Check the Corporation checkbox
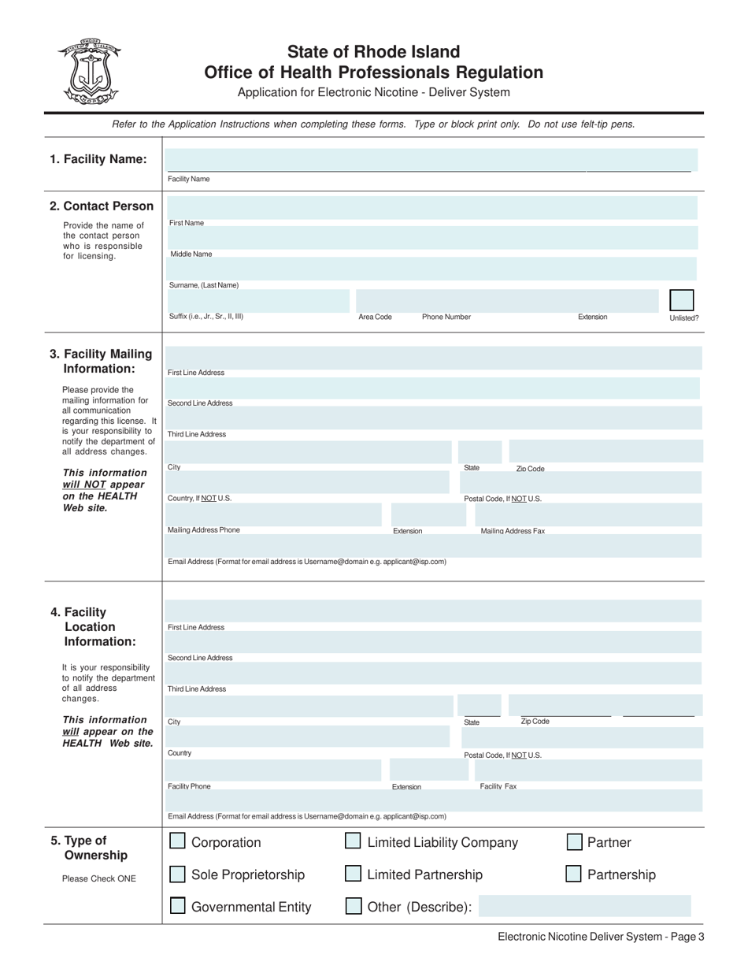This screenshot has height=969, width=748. [178, 842]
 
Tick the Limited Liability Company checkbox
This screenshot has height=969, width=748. [354, 842]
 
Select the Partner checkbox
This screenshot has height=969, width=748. [575, 842]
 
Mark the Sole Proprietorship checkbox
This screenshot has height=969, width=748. [178, 874]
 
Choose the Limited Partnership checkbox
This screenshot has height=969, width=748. [354, 874]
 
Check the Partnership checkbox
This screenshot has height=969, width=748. [575, 874]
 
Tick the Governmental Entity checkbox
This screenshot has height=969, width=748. [178, 907]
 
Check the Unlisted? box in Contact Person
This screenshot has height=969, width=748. [681, 301]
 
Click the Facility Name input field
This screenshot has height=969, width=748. [429, 160]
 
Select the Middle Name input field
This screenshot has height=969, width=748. [431, 238]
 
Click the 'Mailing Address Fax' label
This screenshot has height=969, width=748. [513, 531]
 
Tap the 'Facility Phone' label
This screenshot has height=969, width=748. [189, 786]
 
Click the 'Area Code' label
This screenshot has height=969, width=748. [375, 317]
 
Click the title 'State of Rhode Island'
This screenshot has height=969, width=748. [373, 52]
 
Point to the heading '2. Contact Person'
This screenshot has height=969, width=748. [102, 206]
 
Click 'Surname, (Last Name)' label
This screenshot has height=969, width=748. [203, 285]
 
